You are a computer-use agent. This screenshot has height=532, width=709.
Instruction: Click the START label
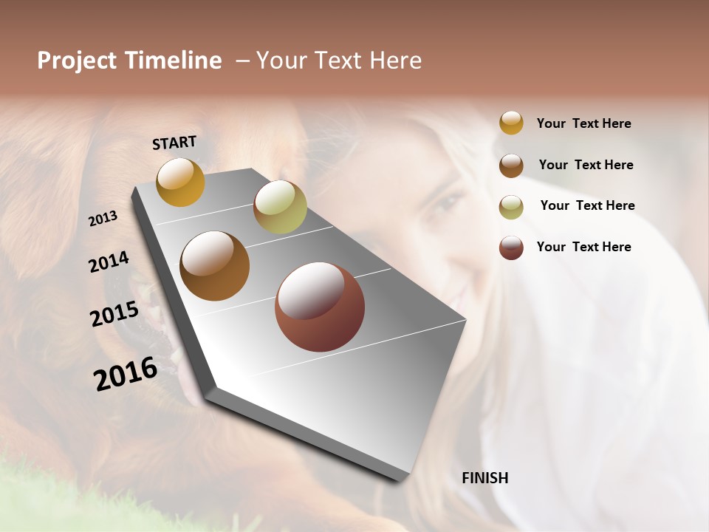(x=174, y=143)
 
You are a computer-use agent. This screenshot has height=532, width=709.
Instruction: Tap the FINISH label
(x=484, y=478)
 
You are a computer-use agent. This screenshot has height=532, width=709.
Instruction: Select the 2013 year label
(x=103, y=218)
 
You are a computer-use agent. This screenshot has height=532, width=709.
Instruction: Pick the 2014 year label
(x=109, y=262)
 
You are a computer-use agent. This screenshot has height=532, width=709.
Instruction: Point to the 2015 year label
(x=114, y=314)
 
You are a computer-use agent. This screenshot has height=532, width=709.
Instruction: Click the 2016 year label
(x=126, y=373)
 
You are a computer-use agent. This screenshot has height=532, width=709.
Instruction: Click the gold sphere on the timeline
(x=180, y=182)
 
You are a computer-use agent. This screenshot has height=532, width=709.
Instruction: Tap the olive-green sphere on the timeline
(x=280, y=207)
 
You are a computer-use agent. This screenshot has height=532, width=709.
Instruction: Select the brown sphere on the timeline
(x=215, y=266)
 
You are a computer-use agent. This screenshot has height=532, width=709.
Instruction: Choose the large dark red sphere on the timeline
(x=320, y=307)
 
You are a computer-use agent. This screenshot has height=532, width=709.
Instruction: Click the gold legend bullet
(x=511, y=123)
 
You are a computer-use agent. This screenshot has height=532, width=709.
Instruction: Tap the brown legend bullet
(x=511, y=166)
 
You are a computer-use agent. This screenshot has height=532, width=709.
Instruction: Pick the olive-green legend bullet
(x=511, y=207)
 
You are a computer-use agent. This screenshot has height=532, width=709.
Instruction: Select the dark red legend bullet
(x=511, y=248)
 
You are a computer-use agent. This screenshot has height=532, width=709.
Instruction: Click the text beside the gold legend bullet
(x=583, y=124)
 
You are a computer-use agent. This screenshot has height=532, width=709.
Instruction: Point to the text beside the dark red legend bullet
(x=583, y=247)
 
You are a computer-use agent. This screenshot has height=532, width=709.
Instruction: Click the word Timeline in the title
(x=174, y=61)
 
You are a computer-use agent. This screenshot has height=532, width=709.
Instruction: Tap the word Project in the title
(x=77, y=61)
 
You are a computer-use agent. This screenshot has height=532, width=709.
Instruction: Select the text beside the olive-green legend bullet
(x=587, y=205)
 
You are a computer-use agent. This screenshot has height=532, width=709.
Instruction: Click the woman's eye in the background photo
(x=449, y=201)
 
